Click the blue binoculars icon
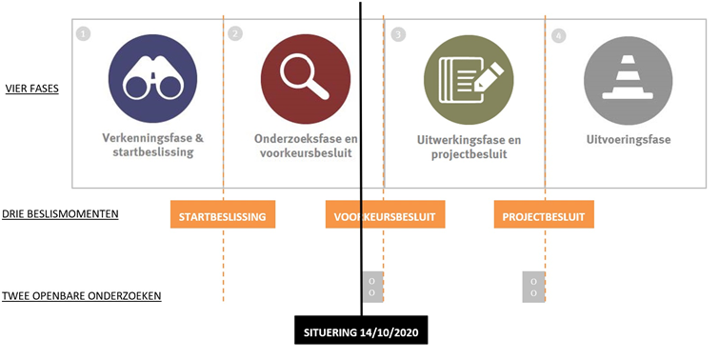(x=148, y=74)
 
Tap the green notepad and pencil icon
(x=462, y=74)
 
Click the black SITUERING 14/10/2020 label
(x=362, y=333)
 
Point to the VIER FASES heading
(x=31, y=90)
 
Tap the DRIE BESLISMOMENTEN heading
(x=60, y=214)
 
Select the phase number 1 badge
(x=84, y=33)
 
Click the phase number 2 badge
(x=235, y=33)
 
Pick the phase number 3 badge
(x=398, y=34)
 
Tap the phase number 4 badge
(x=558, y=35)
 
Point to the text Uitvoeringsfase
(x=629, y=139)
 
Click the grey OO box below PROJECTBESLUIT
(x=533, y=287)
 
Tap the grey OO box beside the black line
(x=372, y=287)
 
